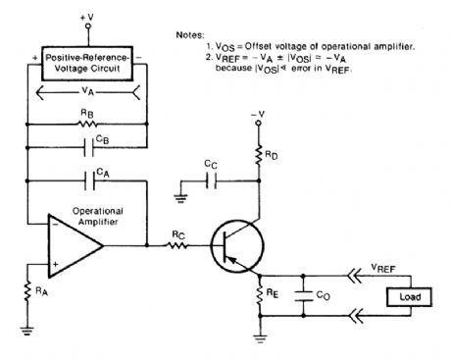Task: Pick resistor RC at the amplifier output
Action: click(x=175, y=246)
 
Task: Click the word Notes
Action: click(x=190, y=35)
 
